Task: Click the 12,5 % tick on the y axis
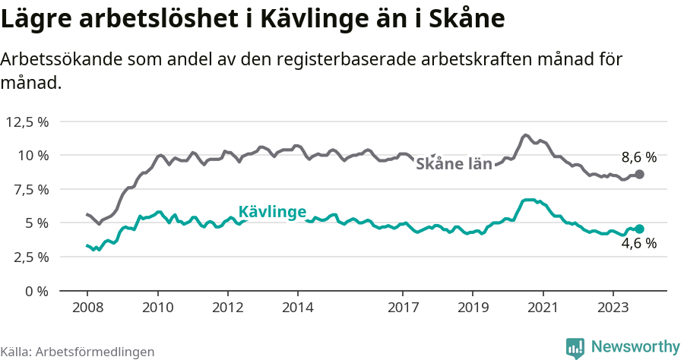[x=27, y=122]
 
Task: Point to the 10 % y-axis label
[x=33, y=155]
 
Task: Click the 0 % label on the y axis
[x=36, y=291]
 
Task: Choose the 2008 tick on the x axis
[x=87, y=308]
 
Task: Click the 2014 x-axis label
[x=298, y=308]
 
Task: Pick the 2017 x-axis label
[x=403, y=308]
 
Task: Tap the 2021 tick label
[x=543, y=308]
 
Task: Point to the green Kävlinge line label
[x=272, y=212]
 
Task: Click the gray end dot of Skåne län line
[x=639, y=174]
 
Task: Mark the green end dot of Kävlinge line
[x=639, y=229]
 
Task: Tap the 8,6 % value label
[x=638, y=158]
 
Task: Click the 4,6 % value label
[x=638, y=244]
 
